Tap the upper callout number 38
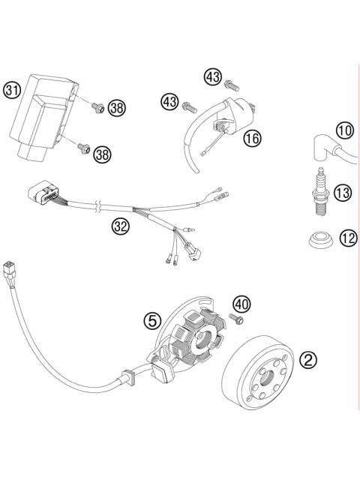pyautogui.click(x=115, y=108)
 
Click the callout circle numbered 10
pyautogui.click(x=343, y=131)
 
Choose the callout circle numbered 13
pyautogui.click(x=343, y=194)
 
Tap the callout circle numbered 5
pyautogui.click(x=153, y=320)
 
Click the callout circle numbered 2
pyautogui.click(x=307, y=359)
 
